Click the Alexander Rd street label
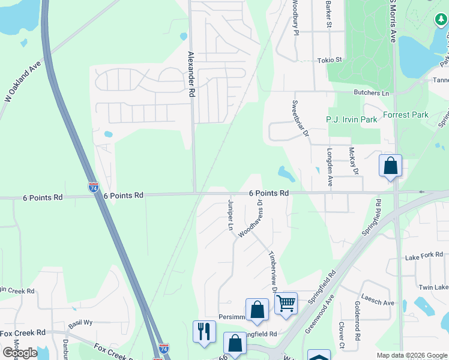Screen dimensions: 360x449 click(191, 74)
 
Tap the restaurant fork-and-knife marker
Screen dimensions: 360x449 click(204, 331)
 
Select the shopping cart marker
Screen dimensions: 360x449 click(286, 303)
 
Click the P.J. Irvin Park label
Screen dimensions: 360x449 click(351, 119)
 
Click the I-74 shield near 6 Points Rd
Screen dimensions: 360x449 click(93, 187)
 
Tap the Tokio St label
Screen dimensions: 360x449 click(329, 60)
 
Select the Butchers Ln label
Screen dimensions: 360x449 click(371, 93)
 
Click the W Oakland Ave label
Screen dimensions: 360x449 click(22, 80)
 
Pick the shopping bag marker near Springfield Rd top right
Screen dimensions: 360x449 click(390, 165)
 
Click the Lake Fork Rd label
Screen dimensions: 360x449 click(420, 257)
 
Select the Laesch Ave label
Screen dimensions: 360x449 click(378, 302)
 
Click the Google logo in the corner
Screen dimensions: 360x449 click(19, 353)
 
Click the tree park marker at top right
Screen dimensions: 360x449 click(441, 20)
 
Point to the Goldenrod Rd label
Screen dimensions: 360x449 click(357, 329)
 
